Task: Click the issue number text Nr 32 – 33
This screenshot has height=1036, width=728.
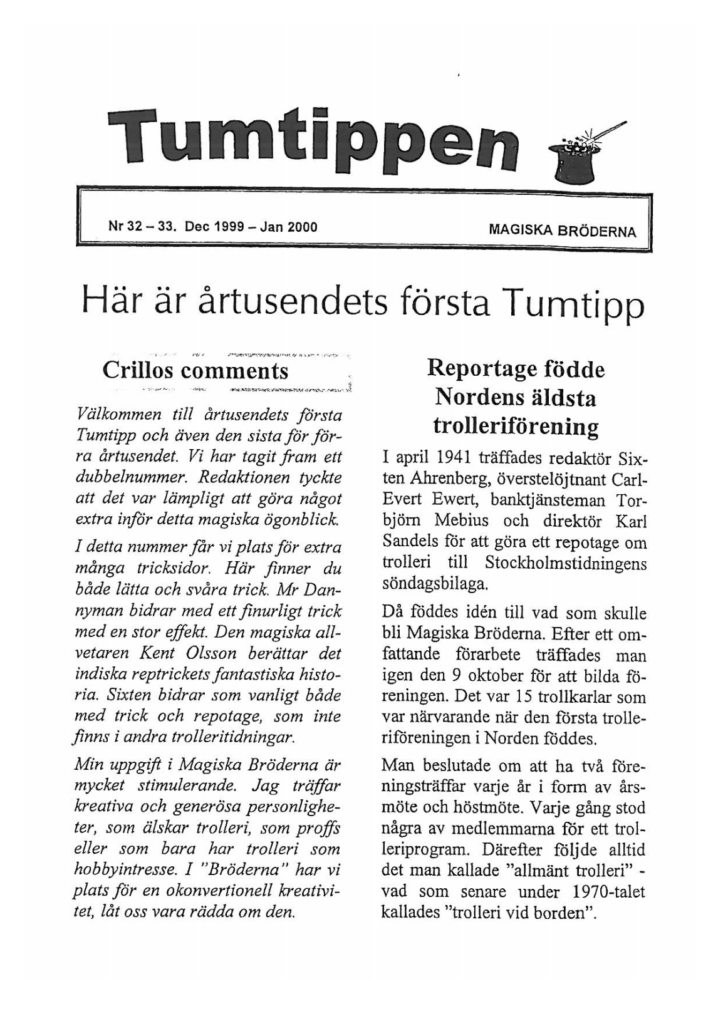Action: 141,227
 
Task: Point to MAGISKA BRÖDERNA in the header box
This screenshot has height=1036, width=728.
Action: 562,231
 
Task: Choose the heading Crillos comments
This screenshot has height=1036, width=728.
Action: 195,370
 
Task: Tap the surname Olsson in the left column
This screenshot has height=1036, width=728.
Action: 212,653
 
